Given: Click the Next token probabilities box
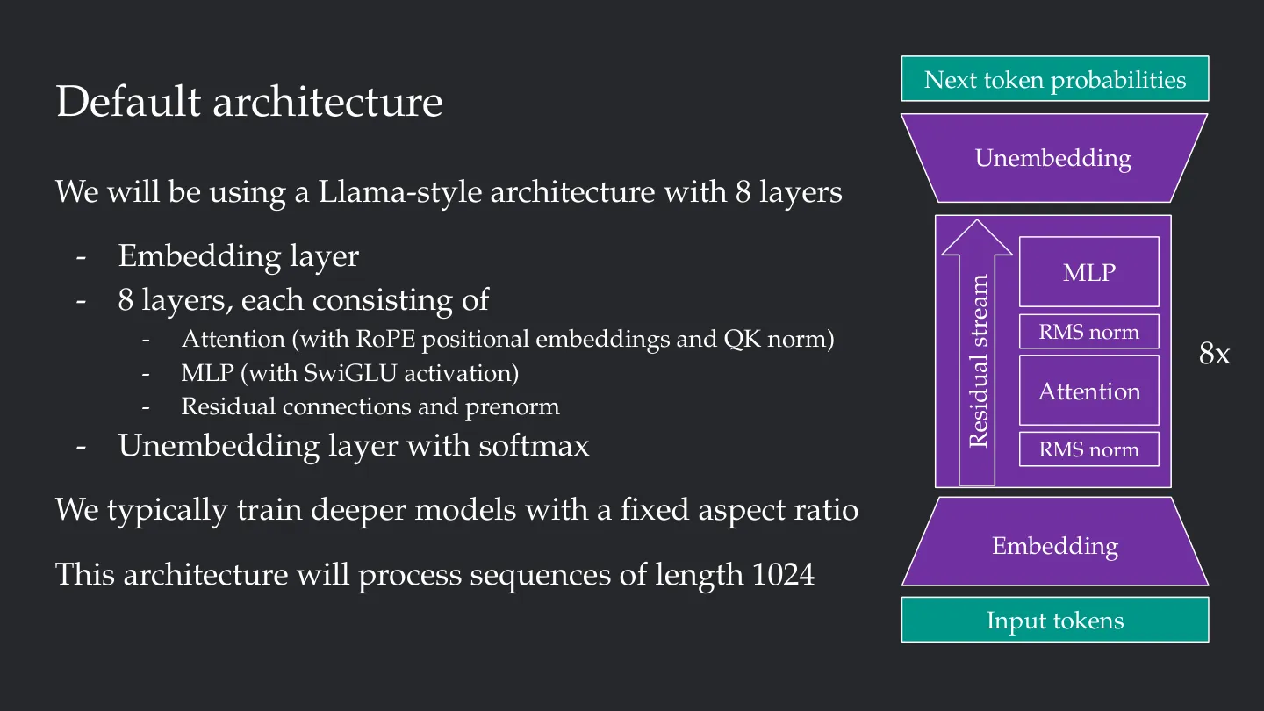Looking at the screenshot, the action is point(1055,78).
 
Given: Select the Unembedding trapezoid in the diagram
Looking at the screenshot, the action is point(1054,158).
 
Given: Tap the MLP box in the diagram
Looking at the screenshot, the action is point(1089,272).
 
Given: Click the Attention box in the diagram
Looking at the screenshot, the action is point(1089,391).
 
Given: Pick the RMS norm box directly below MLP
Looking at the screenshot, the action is point(1089,332).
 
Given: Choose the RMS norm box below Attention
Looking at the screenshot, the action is point(1089,449).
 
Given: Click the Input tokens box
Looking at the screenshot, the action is point(1055,620).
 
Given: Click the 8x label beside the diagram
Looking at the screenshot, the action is point(1214,354).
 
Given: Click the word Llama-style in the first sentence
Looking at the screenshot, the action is point(400,192).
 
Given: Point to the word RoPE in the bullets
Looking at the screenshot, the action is point(385,339).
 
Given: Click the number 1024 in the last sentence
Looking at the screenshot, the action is point(783,574).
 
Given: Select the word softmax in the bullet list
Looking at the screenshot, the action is point(534,446).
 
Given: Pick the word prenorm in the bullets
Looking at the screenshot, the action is point(513,408).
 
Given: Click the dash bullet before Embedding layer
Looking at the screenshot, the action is point(82,257).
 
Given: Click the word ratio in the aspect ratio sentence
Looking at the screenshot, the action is point(826,509).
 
